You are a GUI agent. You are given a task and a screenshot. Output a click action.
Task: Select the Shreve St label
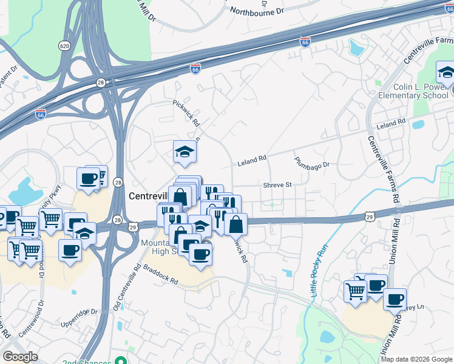(x=277, y=184)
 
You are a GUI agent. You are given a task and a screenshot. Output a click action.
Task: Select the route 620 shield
(x=64, y=45)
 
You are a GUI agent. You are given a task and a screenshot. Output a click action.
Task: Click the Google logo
(x=20, y=357)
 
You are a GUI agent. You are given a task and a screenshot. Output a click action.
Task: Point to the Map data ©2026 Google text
(x=416, y=359)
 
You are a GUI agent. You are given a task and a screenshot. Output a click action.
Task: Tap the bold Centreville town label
(x=148, y=197)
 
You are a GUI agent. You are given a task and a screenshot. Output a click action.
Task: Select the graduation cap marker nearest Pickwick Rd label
(x=185, y=151)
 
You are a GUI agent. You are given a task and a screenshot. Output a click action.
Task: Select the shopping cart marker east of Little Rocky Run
(x=354, y=290)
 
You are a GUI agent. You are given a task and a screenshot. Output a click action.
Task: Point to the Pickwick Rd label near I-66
(x=186, y=113)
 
